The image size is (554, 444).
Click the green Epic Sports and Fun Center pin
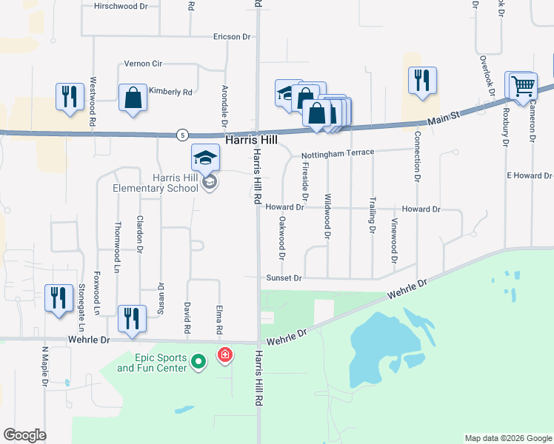point(198,362)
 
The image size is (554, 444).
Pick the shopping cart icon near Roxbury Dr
point(522,86)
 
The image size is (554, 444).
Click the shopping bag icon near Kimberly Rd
point(133,98)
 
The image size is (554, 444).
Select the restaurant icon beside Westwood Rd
point(70,97)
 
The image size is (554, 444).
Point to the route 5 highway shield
point(183,134)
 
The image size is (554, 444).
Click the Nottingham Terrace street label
point(338,153)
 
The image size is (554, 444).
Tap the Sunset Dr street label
point(284,277)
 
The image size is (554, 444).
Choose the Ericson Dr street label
point(227,36)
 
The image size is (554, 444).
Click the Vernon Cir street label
point(143,64)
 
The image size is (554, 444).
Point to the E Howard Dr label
point(530,175)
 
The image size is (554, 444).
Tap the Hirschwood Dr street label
point(121,6)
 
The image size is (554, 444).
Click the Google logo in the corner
point(24,435)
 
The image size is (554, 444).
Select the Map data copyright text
point(508,438)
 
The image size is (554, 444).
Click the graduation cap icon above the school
point(205,156)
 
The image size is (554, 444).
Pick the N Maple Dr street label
point(44,367)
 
